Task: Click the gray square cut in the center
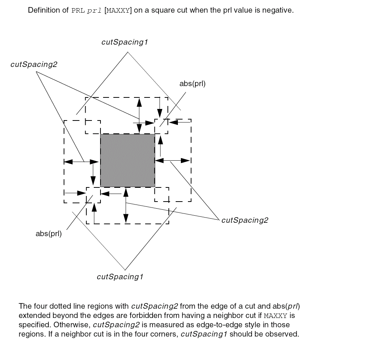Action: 128,160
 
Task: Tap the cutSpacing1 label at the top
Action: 125,42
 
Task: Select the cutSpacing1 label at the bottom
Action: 120,277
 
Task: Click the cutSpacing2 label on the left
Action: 34,65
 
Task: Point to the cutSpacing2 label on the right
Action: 245,220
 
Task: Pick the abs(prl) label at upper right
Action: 192,84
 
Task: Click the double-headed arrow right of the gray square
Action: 173,160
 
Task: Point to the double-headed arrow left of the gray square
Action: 82,161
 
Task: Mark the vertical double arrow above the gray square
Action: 139,115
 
